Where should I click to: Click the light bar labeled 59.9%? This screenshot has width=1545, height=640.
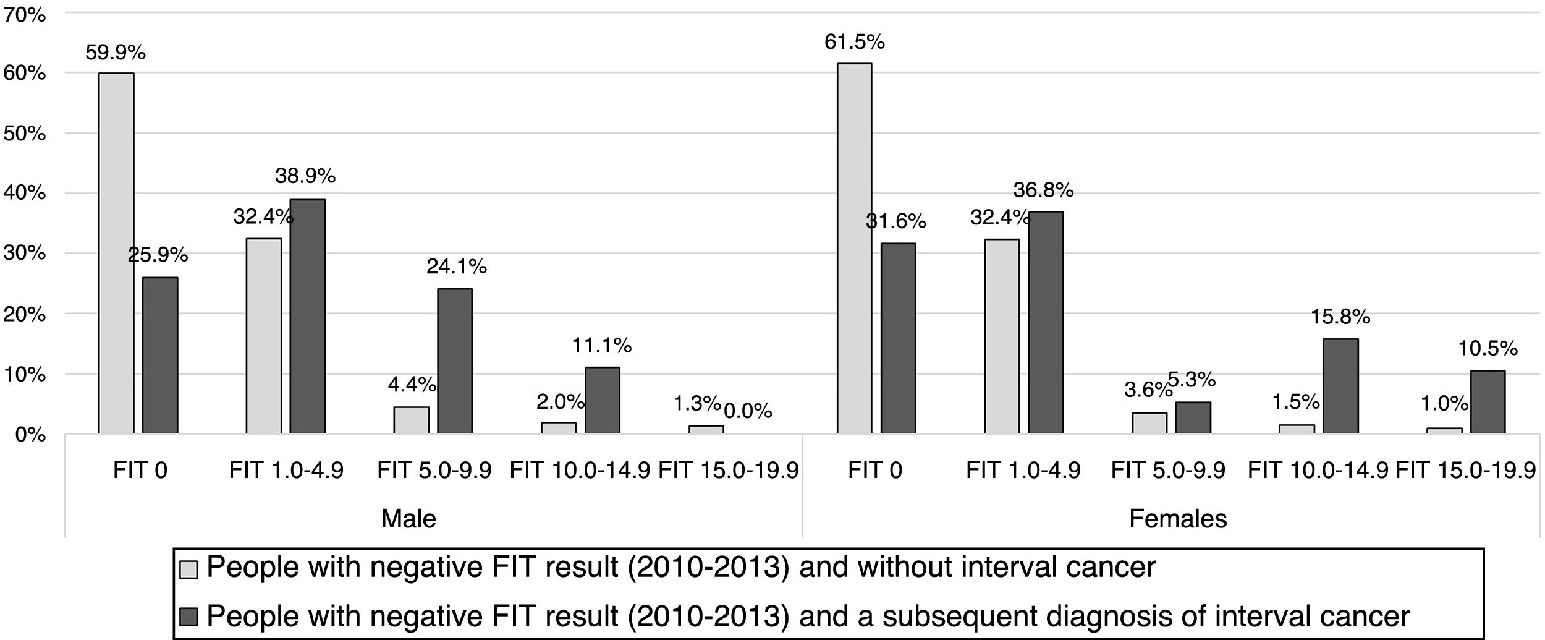pyautogui.click(x=116, y=253)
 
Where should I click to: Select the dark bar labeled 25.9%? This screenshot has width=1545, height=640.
pyautogui.click(x=160, y=356)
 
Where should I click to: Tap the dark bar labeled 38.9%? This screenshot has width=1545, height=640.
pyautogui.click(x=308, y=316)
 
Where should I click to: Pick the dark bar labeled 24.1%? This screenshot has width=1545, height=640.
pyautogui.click(x=455, y=361)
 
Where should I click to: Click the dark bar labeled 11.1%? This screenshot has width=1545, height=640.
pyautogui.click(x=602, y=400)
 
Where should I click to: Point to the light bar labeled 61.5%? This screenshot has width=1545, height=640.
pyautogui.click(x=854, y=248)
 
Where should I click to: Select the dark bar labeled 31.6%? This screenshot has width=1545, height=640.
pyautogui.click(x=898, y=338)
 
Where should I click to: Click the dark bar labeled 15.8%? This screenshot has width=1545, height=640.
pyautogui.click(x=1340, y=386)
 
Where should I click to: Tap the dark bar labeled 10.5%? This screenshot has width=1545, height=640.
pyautogui.click(x=1488, y=402)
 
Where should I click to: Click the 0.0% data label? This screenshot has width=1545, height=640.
pyautogui.click(x=748, y=411)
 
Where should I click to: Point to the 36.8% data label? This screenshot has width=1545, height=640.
pyautogui.click(x=1043, y=190)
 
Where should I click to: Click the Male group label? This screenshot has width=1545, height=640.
pyautogui.click(x=408, y=518)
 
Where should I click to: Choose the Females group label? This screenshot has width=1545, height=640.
pyautogui.click(x=1177, y=518)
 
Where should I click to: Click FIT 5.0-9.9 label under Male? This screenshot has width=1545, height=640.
pyautogui.click(x=434, y=471)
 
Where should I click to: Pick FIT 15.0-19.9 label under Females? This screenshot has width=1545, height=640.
pyautogui.click(x=1465, y=471)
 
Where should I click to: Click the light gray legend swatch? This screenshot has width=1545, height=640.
pyautogui.click(x=189, y=569)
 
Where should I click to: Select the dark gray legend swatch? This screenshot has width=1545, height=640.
pyautogui.click(x=189, y=617)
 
